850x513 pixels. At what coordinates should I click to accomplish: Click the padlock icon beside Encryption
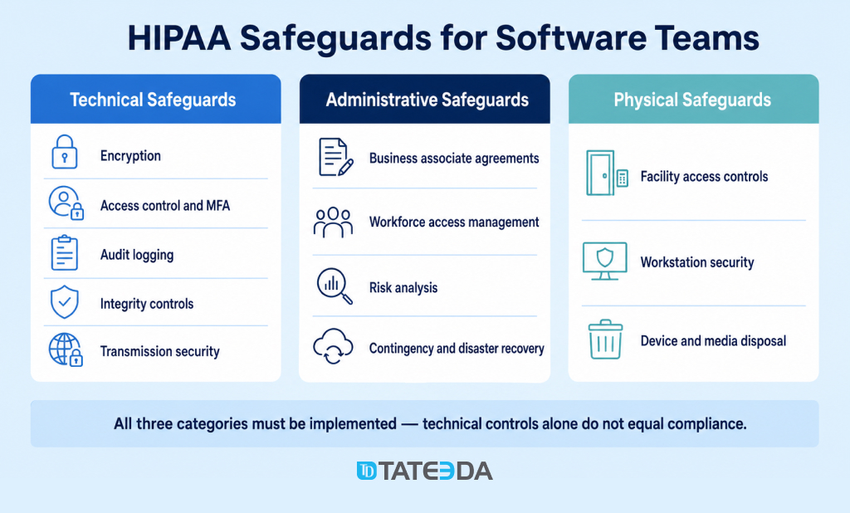(65, 152)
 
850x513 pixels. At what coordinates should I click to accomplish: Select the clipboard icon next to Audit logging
(65, 252)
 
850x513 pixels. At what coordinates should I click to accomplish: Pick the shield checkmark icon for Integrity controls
(65, 301)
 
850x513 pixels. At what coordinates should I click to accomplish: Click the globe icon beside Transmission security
(66, 349)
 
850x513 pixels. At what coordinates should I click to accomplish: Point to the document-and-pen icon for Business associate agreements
(336, 157)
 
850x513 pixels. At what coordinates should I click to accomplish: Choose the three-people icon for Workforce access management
(333, 222)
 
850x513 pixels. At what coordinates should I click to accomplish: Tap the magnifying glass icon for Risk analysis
(335, 286)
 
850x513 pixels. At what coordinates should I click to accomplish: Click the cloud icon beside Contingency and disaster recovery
(333, 345)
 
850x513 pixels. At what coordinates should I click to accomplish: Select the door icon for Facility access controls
(607, 173)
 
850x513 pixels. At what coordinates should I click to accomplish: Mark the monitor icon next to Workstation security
(604, 261)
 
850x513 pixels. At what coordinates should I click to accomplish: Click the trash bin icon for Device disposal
(605, 339)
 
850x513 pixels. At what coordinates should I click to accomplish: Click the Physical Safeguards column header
(693, 100)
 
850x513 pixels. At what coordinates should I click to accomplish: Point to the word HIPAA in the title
(179, 38)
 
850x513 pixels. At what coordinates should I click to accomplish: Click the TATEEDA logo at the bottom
(424, 471)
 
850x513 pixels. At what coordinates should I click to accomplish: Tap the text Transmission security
(160, 351)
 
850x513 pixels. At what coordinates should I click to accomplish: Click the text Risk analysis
(403, 287)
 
